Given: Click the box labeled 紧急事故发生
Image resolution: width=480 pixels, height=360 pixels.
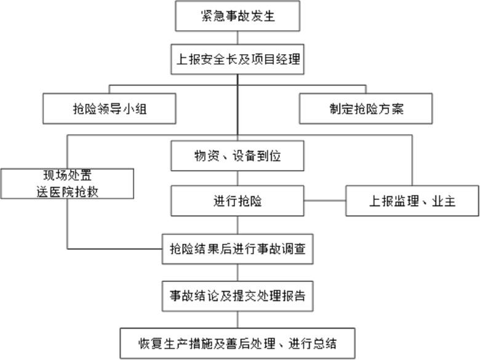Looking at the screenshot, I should click(x=238, y=16).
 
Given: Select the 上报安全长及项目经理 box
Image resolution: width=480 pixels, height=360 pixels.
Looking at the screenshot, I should click(x=238, y=60).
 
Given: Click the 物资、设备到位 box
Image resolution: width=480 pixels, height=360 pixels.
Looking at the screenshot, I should click(x=238, y=156).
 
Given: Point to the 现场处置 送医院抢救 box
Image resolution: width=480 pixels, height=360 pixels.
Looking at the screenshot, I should click(x=67, y=183).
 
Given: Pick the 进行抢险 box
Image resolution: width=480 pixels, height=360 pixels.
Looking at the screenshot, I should click(x=238, y=201).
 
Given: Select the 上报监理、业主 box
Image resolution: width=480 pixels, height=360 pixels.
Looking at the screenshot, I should click(x=412, y=201).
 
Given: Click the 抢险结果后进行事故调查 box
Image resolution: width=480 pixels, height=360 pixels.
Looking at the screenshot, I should click(x=238, y=249).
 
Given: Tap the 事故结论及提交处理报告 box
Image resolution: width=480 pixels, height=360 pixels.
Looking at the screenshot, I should click(x=238, y=296).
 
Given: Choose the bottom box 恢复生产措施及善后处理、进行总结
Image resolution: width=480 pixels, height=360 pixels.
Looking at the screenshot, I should click(x=238, y=341).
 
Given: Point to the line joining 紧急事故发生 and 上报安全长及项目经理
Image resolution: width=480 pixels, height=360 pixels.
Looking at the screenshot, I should click(x=238, y=38).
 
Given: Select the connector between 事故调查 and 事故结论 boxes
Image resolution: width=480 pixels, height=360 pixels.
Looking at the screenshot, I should click(x=238, y=272).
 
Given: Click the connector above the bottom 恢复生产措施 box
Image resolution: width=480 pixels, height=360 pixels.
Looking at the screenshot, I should click(x=238, y=318).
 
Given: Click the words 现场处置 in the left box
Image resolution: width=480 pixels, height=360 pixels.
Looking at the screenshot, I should click(x=68, y=175).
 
